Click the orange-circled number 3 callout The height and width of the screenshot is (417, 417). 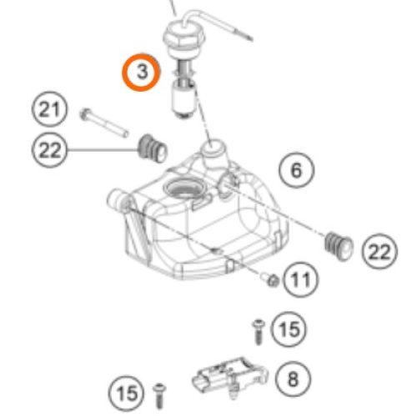click(141, 72)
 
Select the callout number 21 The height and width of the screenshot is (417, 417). click(49, 109)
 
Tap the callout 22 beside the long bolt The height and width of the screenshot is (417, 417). click(49, 150)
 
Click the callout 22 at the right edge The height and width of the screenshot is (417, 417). click(379, 251)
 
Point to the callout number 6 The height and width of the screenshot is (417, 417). click(296, 170)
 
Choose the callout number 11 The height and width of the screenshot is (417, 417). click(300, 280)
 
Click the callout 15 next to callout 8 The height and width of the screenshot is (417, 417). click(289, 329)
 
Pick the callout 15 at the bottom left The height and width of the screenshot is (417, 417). click(127, 394)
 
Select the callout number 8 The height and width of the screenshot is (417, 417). click(293, 379)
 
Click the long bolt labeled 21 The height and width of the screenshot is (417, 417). click(104, 123)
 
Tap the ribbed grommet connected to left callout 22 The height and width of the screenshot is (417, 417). click(153, 149)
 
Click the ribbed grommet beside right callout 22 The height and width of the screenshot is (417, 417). click(339, 246)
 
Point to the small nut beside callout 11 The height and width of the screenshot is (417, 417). click(271, 280)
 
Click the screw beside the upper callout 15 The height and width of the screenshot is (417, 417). click(258, 332)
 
